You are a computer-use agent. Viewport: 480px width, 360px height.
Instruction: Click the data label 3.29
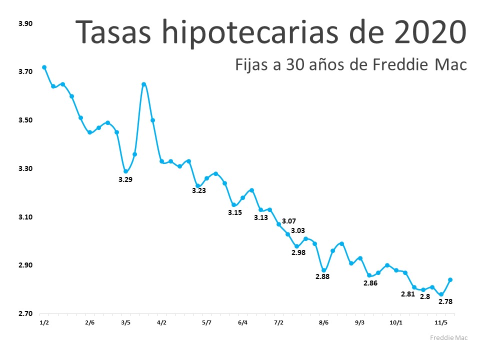tap(125, 179)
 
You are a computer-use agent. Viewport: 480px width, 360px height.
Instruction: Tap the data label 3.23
tap(199, 190)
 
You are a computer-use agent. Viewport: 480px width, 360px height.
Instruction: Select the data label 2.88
tap(323, 276)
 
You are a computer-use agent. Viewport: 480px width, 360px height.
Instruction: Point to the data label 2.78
tap(446, 301)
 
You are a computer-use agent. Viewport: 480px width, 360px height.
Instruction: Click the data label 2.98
tap(298, 252)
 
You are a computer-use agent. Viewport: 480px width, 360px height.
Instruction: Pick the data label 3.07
tap(289, 221)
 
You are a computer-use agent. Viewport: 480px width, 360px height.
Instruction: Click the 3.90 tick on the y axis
tap(25, 24)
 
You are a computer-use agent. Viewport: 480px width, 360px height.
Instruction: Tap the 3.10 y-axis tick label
tap(25, 217)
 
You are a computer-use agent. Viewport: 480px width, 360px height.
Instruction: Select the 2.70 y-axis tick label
tap(25, 314)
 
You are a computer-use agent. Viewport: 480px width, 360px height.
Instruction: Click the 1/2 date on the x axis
tap(44, 322)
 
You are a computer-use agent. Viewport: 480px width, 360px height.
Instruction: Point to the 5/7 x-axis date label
tap(207, 322)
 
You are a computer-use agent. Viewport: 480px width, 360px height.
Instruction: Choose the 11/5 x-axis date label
tap(441, 322)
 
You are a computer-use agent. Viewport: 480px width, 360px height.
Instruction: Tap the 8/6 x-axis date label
tap(323, 322)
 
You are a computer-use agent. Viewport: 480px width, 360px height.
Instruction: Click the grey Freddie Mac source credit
tap(449, 337)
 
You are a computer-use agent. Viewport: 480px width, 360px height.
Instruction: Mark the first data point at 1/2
tap(44, 67)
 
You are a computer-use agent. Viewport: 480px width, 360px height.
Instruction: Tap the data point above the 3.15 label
tap(234, 205)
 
